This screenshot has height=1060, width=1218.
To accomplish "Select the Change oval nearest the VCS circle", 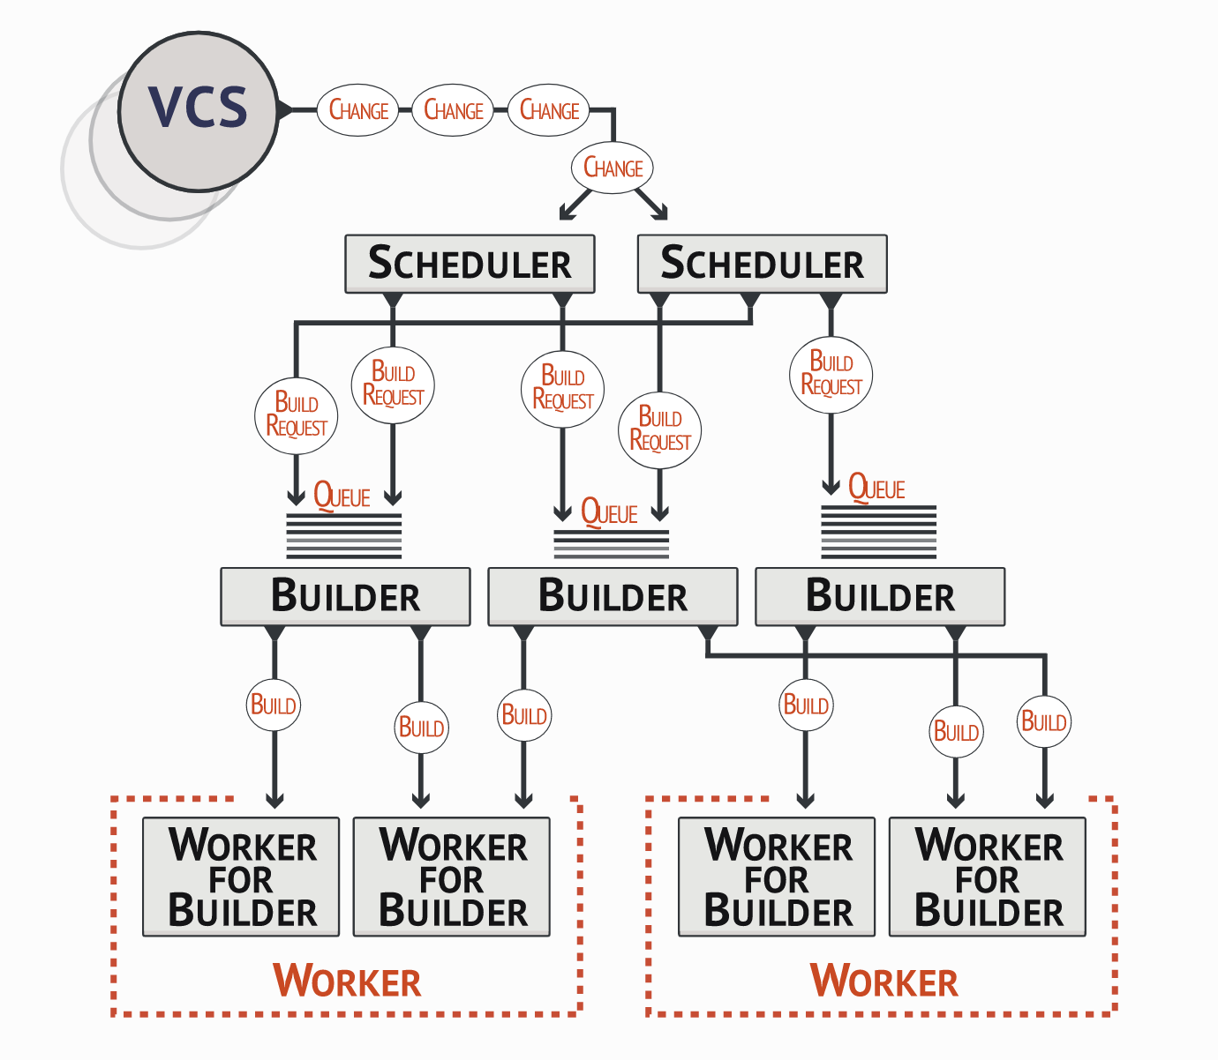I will coord(358,110).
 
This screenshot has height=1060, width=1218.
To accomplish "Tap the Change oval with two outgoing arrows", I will coord(613,168).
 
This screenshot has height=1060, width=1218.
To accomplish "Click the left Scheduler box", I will coord(470,264).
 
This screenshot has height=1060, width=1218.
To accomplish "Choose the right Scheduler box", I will coord(762,264).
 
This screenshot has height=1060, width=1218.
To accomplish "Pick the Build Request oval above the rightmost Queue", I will coord(831,375).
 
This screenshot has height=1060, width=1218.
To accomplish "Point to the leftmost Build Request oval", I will coord(297,415).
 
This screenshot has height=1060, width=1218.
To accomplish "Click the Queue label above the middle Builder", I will coord(609,512).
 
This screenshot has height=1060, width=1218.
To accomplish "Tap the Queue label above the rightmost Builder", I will coord(876,488).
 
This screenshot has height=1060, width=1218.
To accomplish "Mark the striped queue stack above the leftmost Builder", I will coord(344,535).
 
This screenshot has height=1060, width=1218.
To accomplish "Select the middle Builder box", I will coord(613,596).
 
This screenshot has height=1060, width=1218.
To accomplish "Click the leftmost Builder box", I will coord(345,596).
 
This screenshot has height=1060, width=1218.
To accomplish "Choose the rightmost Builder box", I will coord(880,596).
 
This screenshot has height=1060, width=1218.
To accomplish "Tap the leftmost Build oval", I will coord(274,705).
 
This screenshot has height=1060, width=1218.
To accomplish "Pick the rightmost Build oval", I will coord(1044,722).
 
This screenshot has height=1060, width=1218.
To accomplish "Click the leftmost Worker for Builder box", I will coord(241,877).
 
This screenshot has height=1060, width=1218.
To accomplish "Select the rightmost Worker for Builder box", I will coord(988,877).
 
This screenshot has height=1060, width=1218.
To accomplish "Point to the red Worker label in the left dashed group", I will coord(347,982).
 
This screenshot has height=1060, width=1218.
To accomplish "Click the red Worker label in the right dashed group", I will coord(883,982).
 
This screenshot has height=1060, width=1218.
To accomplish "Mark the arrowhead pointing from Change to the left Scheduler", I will coord(564,214).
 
